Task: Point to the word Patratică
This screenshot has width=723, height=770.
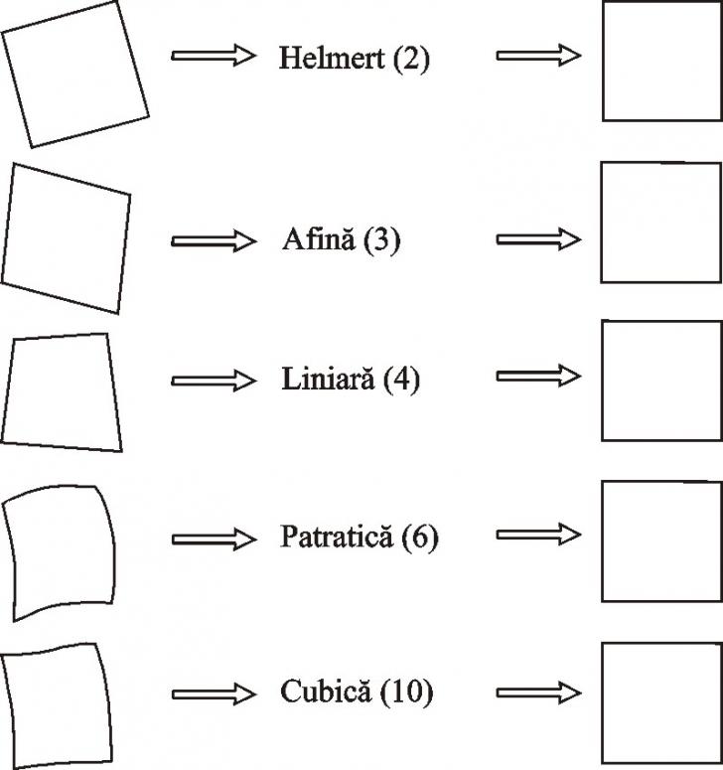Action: pyautogui.click(x=337, y=538)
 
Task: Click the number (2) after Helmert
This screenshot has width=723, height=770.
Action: pyautogui.click(x=411, y=59)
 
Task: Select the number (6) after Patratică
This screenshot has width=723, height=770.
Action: pyautogui.click(x=420, y=538)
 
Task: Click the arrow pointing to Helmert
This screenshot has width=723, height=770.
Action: pyautogui.click(x=214, y=57)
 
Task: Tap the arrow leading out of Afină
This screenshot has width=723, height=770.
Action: pyautogui.click(x=537, y=239)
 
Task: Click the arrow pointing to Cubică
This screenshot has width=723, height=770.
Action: pyautogui.click(x=214, y=692)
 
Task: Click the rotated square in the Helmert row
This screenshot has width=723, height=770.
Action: pyautogui.click(x=74, y=75)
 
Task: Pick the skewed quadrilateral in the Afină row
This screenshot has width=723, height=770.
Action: pyautogui.click(x=66, y=238)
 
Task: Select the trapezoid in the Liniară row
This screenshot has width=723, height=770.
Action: pyautogui.click(x=64, y=392)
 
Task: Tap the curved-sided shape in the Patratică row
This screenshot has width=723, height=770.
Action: pyautogui.click(x=64, y=551)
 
